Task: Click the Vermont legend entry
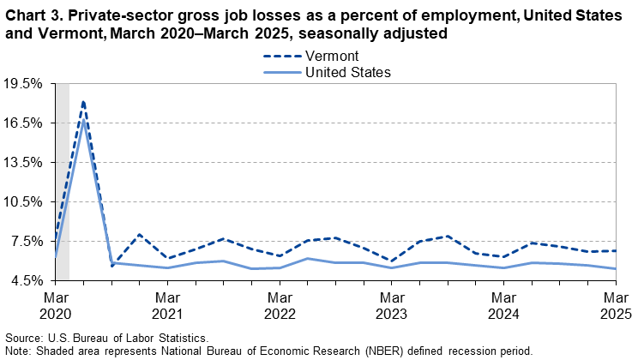pos(329,56)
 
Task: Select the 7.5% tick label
pos(27,242)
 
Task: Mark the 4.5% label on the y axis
pos(27,280)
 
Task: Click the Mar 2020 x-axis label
pos(55,305)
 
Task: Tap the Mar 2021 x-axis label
pos(168,305)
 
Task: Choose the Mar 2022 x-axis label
pos(280,305)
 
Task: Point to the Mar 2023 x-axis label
pos(393,305)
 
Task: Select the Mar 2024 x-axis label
pos(505,305)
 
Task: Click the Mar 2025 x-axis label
pos(617,305)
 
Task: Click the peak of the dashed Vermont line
pos(83,101)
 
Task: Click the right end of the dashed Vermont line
pos(617,251)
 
